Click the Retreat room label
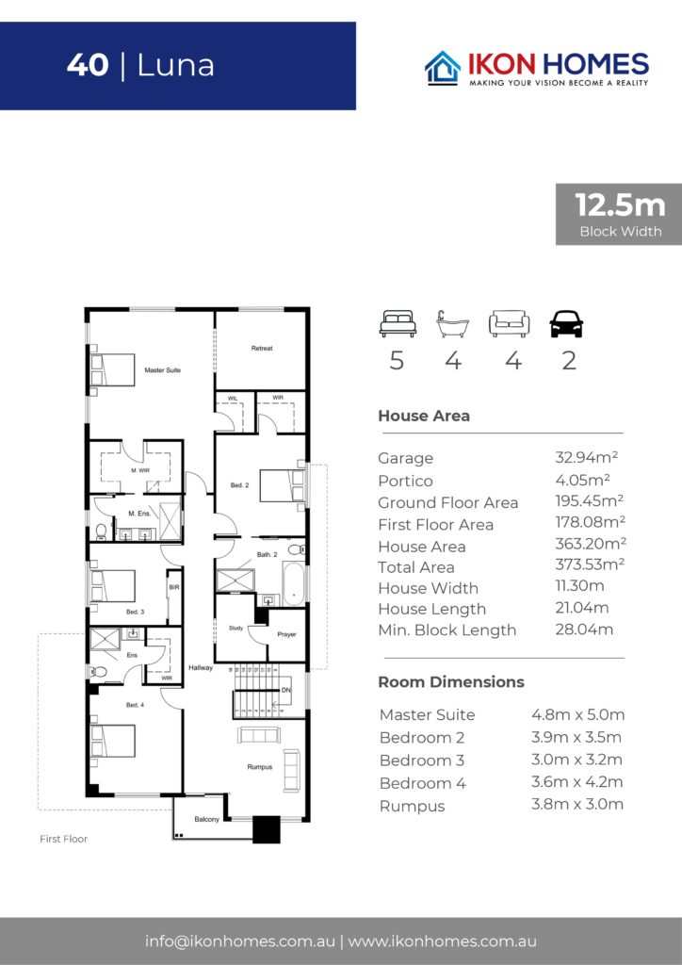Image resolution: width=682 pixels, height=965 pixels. [262, 349]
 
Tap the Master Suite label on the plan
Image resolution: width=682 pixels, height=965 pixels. [162, 369]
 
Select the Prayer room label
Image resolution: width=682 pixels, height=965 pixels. [286, 634]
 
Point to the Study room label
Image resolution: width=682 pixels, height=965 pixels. [236, 628]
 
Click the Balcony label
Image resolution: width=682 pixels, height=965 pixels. [206, 819]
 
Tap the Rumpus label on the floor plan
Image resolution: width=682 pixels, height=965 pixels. [259, 767]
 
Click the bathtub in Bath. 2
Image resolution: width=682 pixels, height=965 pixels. [294, 582]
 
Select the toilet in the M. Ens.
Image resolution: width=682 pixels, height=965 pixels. [102, 532]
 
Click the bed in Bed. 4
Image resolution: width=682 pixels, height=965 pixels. [112, 741]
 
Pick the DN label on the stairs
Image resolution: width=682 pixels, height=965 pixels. [286, 691]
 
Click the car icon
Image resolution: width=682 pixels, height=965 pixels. [566, 324]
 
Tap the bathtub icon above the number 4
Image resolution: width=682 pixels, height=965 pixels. [452, 324]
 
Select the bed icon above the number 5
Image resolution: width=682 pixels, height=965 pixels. [398, 324]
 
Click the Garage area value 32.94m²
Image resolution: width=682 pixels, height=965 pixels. [586, 457]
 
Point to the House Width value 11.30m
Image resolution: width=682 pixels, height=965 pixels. [579, 586]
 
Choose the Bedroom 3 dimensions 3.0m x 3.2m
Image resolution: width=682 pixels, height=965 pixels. [576, 760]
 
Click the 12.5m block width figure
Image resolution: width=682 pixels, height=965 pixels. [620, 204]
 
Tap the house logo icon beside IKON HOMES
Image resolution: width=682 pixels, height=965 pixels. [443, 68]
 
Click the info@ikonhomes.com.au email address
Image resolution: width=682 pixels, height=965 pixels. [240, 941]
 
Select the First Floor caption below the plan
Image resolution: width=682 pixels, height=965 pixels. [63, 839]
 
